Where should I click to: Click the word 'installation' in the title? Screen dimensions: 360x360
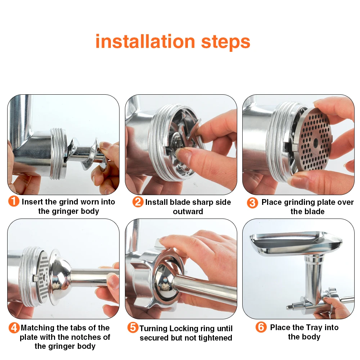coord(145,41)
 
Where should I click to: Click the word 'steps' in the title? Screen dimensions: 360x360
coord(225,43)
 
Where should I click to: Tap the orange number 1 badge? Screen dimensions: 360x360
coord(14,201)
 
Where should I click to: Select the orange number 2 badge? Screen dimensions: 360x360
coord(138,202)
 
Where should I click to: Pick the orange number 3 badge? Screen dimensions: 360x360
coord(252,203)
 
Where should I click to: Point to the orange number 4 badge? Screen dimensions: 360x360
coord(14,328)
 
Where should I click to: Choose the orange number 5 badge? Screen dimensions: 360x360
coord(133,327)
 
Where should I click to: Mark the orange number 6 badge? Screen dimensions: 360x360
coord(261,327)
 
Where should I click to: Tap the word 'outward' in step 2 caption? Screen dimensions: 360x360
coord(188,211)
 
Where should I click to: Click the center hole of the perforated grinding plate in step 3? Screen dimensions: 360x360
coord(316,141)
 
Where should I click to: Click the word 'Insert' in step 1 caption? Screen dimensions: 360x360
coord(32,202)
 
